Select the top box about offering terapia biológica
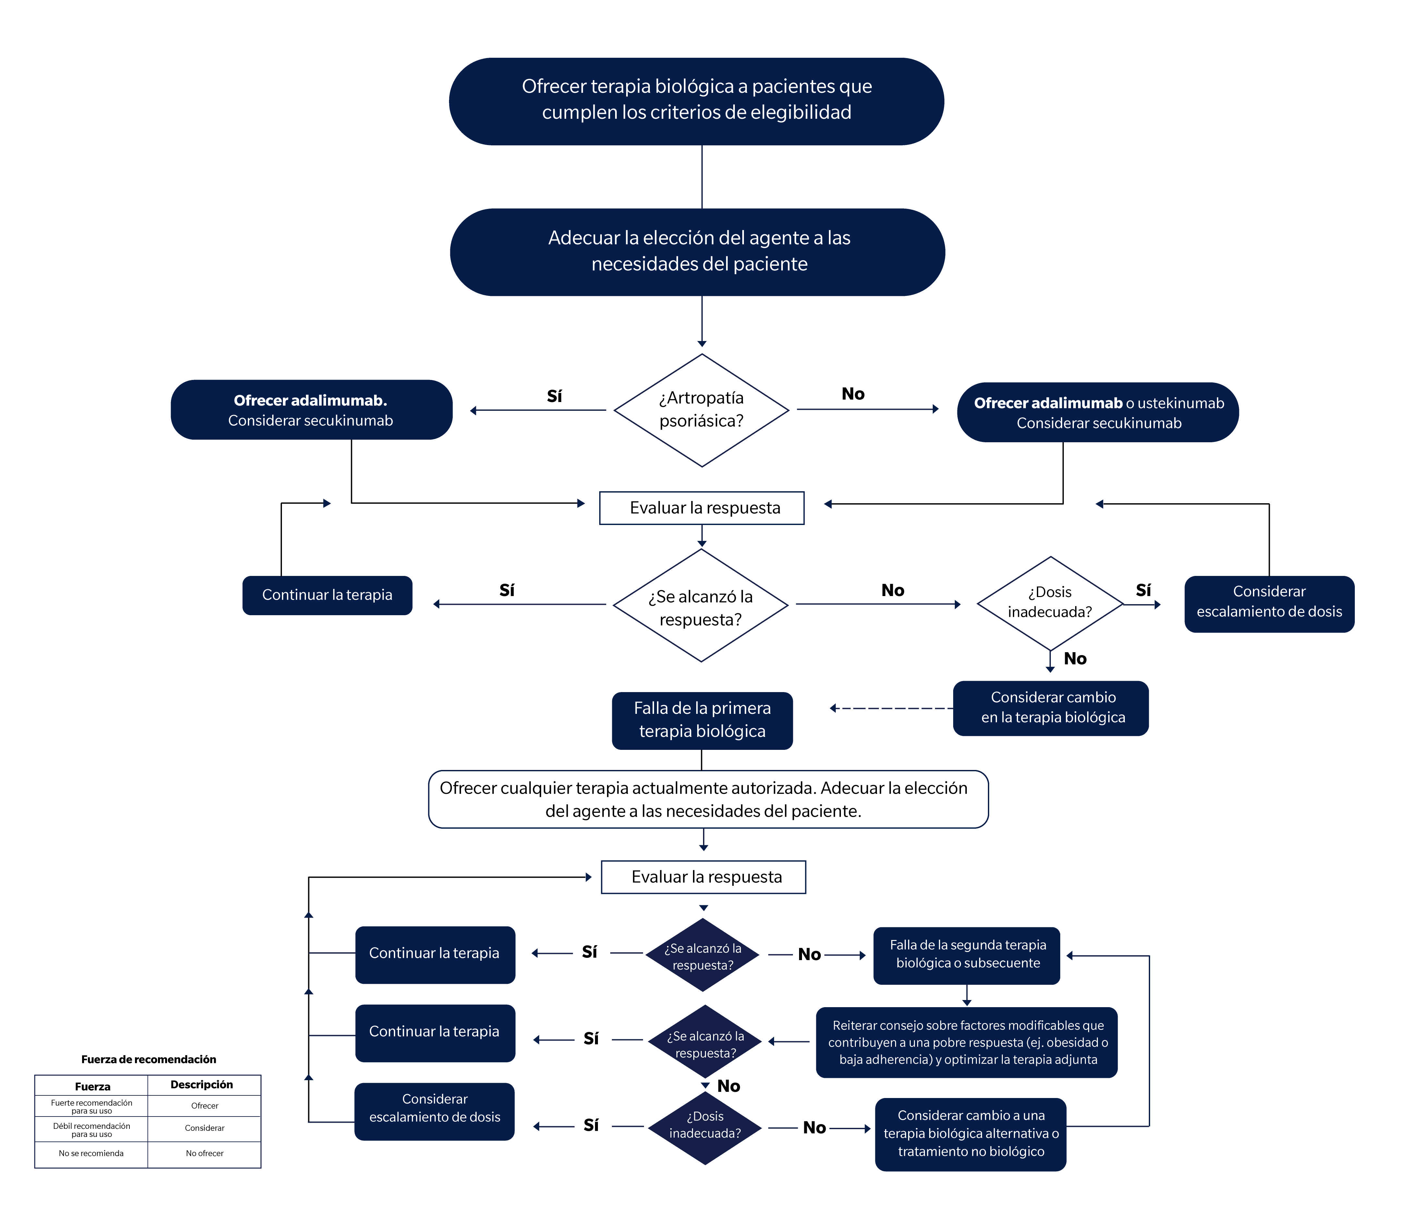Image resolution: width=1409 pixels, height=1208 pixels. click(x=696, y=101)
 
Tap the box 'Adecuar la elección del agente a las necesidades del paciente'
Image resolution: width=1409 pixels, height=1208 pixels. click(x=698, y=252)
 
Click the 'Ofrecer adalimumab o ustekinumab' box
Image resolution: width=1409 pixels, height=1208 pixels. click(x=1098, y=412)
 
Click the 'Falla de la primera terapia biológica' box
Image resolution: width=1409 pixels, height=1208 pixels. click(x=702, y=720)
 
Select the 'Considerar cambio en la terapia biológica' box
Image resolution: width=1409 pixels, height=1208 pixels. click(x=1051, y=708)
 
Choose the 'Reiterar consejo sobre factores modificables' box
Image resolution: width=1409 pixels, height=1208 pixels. click(x=966, y=1042)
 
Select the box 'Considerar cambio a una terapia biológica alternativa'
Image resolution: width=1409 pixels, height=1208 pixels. click(x=970, y=1134)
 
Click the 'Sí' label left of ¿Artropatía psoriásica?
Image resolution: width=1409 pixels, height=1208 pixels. click(x=554, y=396)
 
